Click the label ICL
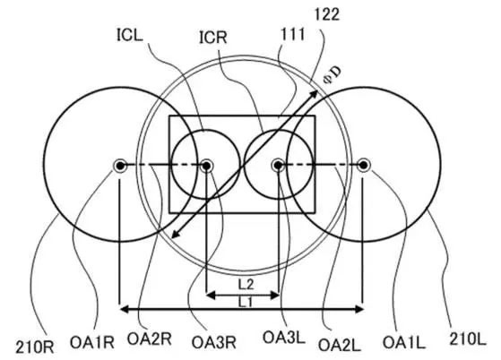[129, 36]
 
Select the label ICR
[213, 38]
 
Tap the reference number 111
[292, 34]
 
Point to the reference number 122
[327, 14]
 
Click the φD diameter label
[333, 75]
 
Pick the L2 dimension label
[246, 284]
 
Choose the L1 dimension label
[246, 302]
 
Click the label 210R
[35, 347]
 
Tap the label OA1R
[92, 343]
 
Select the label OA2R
[150, 339]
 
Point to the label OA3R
[214, 343]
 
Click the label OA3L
[284, 338]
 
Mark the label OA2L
[340, 345]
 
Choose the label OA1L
[404, 343]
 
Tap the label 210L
[468, 339]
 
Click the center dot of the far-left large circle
[120, 166]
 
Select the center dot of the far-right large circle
[363, 166]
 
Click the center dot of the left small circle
[206, 166]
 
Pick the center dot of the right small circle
[278, 166]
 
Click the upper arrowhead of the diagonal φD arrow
[315, 93]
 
